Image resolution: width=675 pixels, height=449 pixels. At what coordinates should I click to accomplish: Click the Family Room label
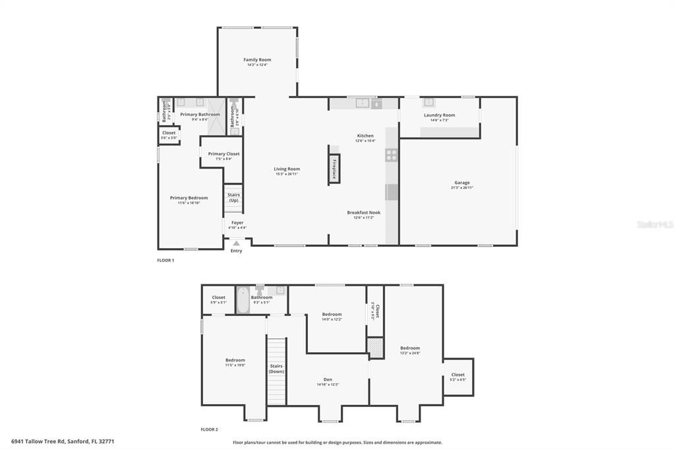257,60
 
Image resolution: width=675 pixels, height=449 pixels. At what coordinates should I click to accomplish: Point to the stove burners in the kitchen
391,155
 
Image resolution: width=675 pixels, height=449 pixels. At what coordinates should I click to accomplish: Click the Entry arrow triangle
236,244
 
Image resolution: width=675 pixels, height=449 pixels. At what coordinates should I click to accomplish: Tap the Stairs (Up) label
233,198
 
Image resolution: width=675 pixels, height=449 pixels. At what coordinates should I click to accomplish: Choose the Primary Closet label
223,154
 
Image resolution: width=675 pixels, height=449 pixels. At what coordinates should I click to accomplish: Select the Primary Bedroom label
189,198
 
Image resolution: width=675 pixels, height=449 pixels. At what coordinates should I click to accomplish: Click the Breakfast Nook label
364,213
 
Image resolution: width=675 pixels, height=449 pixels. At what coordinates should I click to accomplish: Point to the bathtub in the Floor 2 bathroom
243,301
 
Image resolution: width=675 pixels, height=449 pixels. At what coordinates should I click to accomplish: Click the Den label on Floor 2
328,379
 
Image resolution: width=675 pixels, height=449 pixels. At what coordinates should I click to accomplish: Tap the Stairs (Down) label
276,369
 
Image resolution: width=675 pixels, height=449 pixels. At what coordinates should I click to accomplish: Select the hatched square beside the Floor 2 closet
375,347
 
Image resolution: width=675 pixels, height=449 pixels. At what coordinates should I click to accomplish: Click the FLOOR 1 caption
165,260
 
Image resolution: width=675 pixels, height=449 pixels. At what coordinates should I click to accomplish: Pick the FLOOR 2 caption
210,429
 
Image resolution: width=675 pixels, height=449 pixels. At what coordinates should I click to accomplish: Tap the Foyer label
237,223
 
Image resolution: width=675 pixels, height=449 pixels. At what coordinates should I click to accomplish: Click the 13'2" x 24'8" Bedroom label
409,348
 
